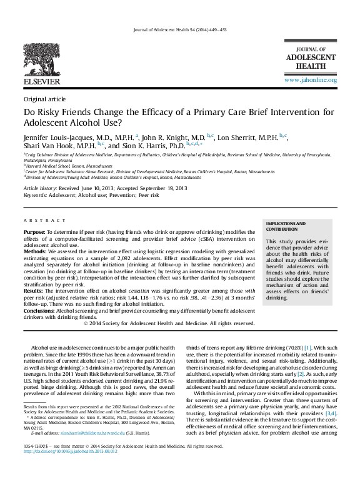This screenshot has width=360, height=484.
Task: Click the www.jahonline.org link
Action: (x=311, y=80)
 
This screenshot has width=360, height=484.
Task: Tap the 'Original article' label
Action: (x=44, y=99)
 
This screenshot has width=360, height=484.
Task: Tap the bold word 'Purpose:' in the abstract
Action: (x=34, y=232)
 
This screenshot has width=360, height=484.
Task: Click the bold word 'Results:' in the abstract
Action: (x=34, y=291)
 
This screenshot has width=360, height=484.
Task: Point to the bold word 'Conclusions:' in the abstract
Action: (x=39, y=310)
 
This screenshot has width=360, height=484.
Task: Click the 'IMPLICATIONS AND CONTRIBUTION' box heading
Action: (x=287, y=226)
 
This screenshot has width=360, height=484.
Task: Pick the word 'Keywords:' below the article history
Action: (x=35, y=195)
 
